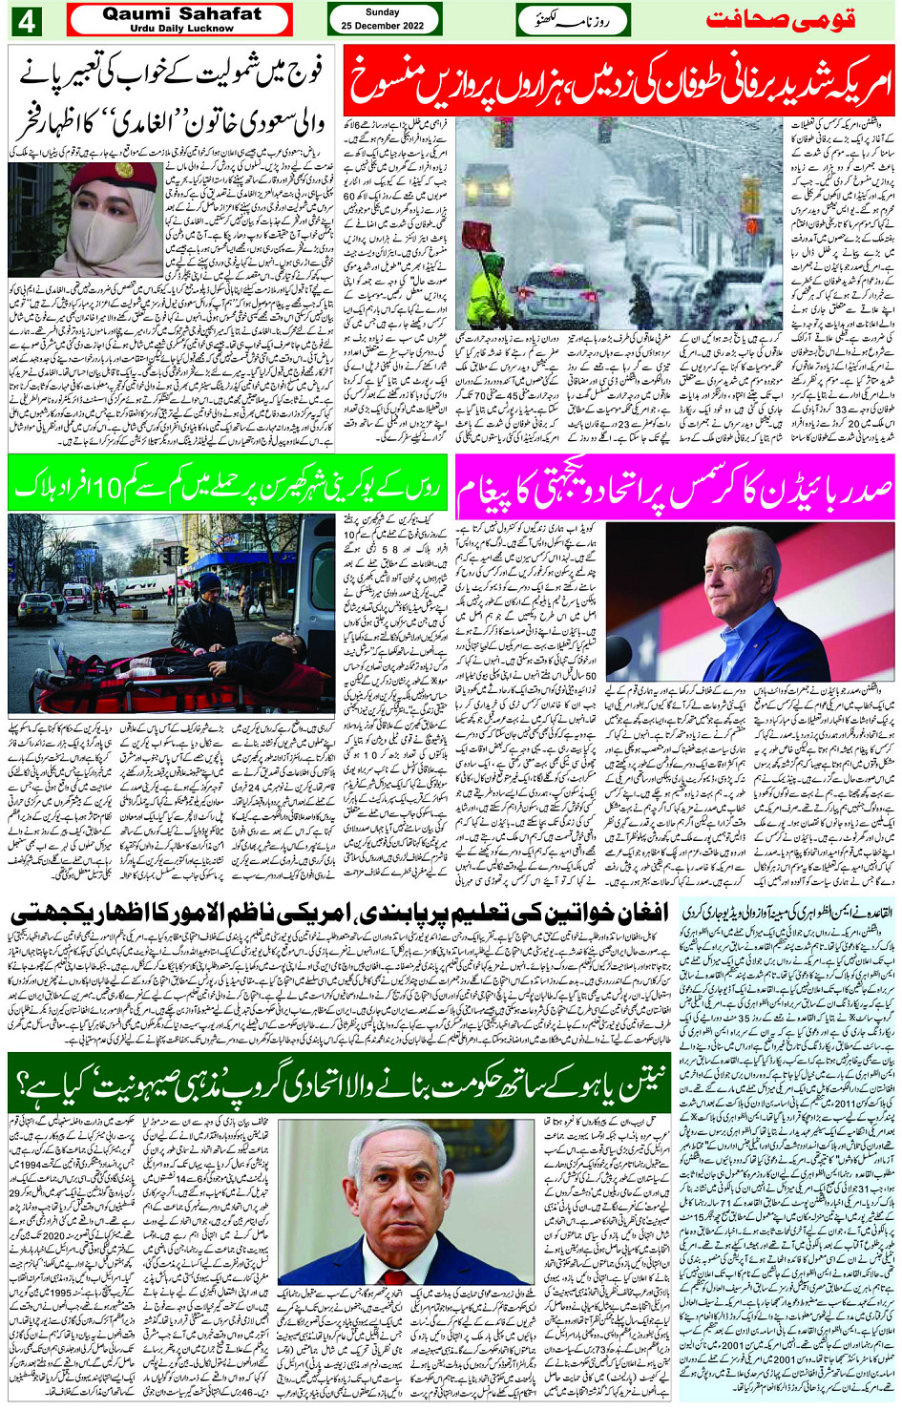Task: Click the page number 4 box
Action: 25,20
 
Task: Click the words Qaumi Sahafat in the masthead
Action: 181,14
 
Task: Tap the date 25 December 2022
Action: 383,23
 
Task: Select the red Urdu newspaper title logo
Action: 781,20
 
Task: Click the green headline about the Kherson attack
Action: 226,487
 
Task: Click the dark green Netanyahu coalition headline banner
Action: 339,1084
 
